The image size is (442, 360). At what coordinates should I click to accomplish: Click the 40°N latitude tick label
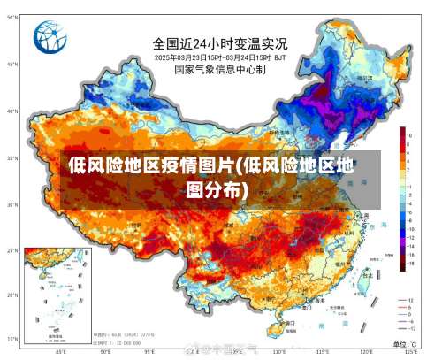coord(11,111)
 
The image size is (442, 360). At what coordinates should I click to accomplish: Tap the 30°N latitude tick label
coord(11,204)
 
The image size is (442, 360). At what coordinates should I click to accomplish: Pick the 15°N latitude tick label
coord(11,340)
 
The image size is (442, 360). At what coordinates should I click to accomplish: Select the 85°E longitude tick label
coord(59,352)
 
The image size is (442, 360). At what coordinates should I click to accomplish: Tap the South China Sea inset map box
coord(55,295)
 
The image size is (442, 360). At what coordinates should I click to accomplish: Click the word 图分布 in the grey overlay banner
coord(217,189)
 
